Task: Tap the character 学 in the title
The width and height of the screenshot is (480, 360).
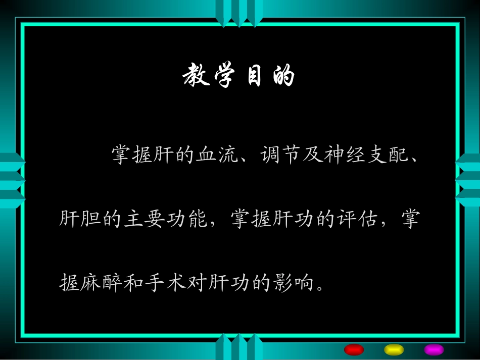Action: pos(224,77)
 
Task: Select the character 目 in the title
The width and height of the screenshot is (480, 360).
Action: pos(254,77)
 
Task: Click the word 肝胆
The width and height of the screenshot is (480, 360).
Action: pos(80,220)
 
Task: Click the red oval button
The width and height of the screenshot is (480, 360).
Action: pos(354,349)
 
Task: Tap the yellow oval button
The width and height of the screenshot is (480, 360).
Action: pos(394,349)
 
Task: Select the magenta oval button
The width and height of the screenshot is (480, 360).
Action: pos(434,349)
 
